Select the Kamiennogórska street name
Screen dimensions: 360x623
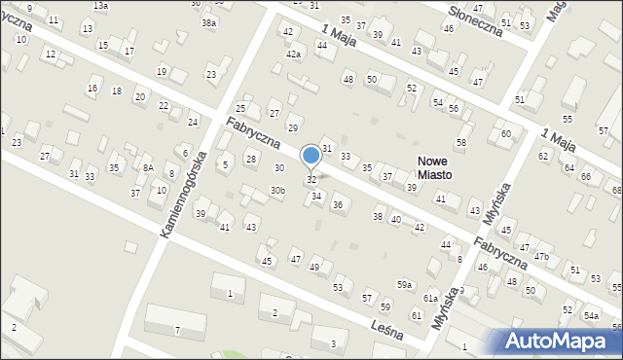point(184,195)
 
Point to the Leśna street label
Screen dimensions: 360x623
point(386,326)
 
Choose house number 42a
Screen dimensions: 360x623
point(293,54)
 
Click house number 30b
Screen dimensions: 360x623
point(278,190)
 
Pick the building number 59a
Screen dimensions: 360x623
point(404,283)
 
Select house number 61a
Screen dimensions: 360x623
point(430,298)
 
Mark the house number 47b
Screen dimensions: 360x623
point(541,256)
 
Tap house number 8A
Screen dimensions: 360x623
point(148,167)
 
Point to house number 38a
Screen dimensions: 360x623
point(208,22)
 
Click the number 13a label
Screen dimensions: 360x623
point(100,6)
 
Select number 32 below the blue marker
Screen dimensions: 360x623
point(311,179)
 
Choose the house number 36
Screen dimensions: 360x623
point(337,204)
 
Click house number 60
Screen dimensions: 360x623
point(505,133)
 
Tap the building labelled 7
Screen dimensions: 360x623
point(177,331)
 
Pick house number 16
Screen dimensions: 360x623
point(92,89)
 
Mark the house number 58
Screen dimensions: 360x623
point(460,143)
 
